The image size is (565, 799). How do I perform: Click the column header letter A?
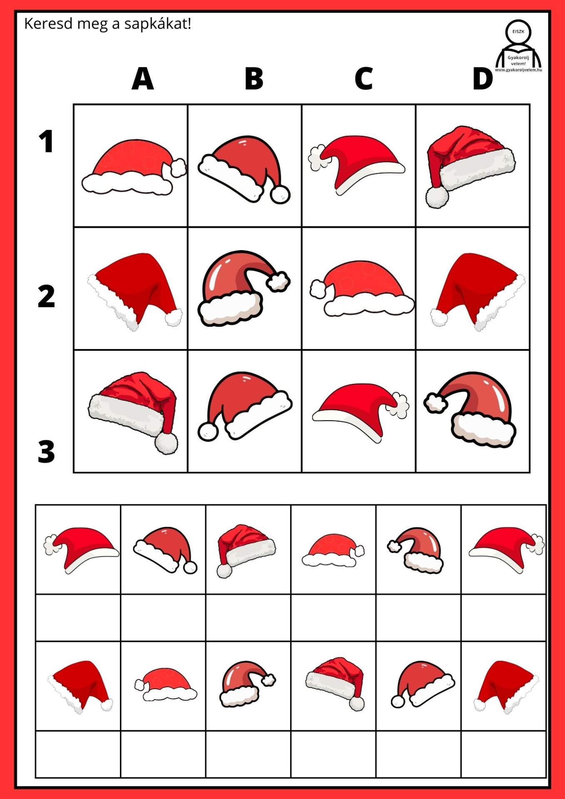click(x=142, y=78)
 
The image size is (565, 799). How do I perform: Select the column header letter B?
click(x=254, y=78)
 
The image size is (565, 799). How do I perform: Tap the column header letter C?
click(x=363, y=78)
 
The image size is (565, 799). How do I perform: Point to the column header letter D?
click(x=483, y=78)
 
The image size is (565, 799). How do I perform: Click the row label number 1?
click(x=46, y=141)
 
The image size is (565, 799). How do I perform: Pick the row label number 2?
click(x=46, y=296)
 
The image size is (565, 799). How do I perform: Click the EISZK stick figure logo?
click(x=518, y=46)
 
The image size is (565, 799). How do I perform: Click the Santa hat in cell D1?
click(x=470, y=166)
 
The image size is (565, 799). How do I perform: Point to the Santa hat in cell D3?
click(x=470, y=409)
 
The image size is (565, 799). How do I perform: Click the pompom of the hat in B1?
click(x=280, y=194)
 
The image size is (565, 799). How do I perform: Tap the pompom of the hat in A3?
click(x=166, y=443)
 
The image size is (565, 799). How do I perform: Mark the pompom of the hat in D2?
click(x=439, y=318)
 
